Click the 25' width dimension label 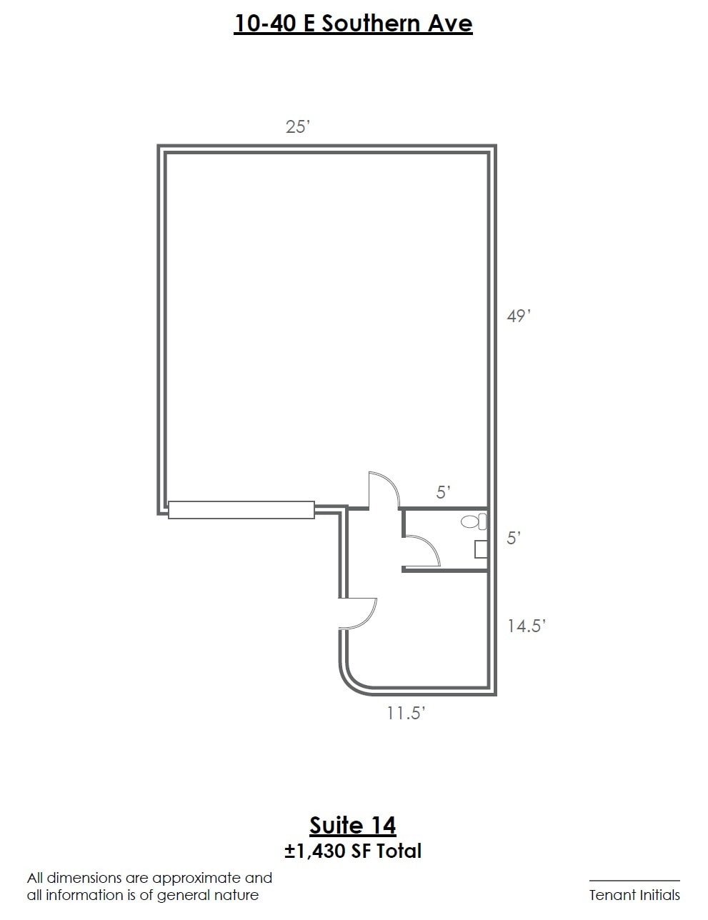(298, 126)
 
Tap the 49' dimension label (519, 316)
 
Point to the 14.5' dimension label (527, 626)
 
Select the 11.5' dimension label (405, 714)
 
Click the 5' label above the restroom (444, 492)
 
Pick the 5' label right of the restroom (514, 538)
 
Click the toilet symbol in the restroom (474, 521)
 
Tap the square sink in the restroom (481, 549)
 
